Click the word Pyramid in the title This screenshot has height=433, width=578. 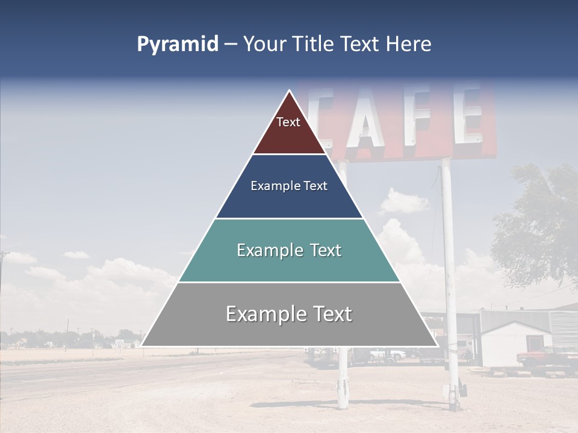[x=178, y=45]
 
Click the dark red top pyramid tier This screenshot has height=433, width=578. [x=289, y=135]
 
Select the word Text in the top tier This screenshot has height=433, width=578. [x=288, y=122]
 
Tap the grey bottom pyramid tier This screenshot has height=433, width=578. [x=289, y=331]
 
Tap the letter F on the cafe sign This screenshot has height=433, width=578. [x=419, y=116]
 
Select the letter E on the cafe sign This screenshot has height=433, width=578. [x=467, y=114]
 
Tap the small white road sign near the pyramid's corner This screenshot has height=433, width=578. [x=119, y=343]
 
